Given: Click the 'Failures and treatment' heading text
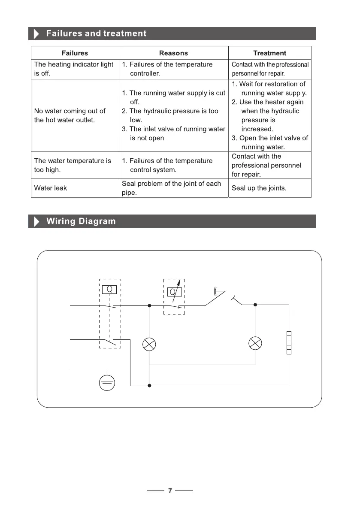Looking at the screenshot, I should pyautogui.click(x=96, y=33).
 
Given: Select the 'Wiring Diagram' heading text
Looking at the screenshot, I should pyautogui.click(x=81, y=221).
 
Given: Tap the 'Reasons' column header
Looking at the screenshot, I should pyautogui.click(x=173, y=53).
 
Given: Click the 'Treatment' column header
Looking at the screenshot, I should pyautogui.click(x=269, y=53).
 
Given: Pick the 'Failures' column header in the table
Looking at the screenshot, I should pyautogui.click(x=75, y=53).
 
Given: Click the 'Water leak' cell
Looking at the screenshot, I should pyautogui.click(x=51, y=188).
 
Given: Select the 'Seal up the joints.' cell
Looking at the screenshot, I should pyautogui.click(x=259, y=188).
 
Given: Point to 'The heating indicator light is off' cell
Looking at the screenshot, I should pyautogui.click(x=74, y=69).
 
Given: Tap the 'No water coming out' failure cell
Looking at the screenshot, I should pyautogui.click(x=70, y=115).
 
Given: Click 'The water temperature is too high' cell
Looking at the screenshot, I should pyautogui.click(x=73, y=165).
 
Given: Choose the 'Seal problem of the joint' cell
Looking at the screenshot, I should pyautogui.click(x=171, y=188).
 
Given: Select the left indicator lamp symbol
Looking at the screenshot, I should pyautogui.click(x=149, y=344).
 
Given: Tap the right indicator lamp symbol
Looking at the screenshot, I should pyautogui.click(x=255, y=343).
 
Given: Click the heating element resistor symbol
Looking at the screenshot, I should pyautogui.click(x=289, y=342).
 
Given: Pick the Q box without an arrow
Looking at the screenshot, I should pyautogui.click(x=109, y=289).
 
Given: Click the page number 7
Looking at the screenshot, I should pyautogui.click(x=170, y=491).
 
